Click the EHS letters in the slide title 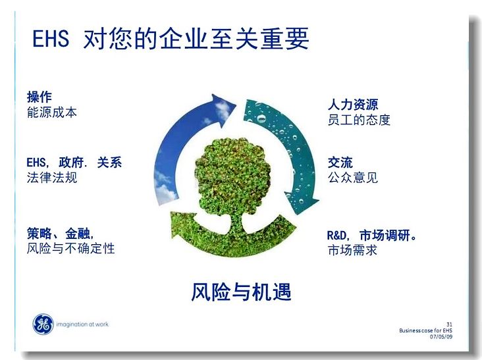(51, 38)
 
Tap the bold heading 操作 (40, 97)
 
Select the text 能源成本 (52, 113)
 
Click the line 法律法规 (52, 178)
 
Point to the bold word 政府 (71, 163)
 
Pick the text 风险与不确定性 (70, 248)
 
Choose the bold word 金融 (78, 234)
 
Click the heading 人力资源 (353, 105)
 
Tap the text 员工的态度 (359, 120)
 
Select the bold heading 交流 (340, 163)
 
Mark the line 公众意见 (353, 178)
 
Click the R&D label (336, 236)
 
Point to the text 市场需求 (352, 250)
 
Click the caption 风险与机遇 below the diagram (241, 292)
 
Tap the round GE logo (43, 324)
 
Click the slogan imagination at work (82, 324)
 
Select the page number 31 (449, 324)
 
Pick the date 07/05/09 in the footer (441, 337)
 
